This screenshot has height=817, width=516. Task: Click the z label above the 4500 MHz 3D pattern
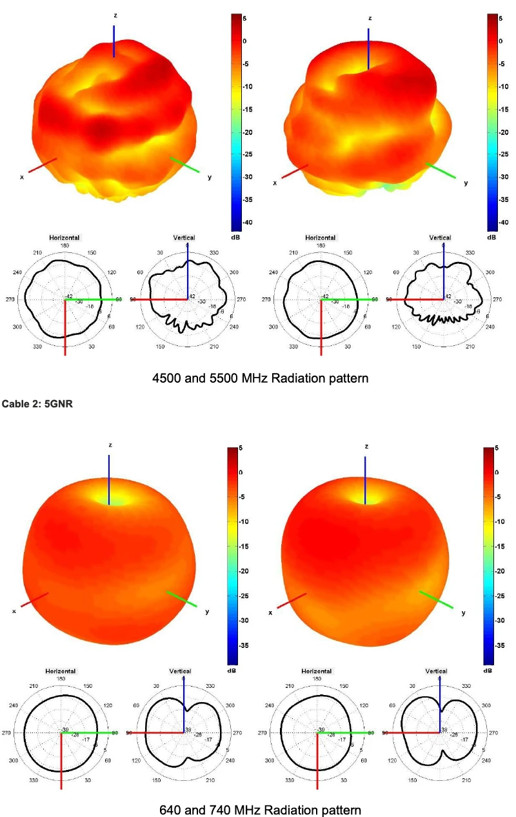click(x=114, y=15)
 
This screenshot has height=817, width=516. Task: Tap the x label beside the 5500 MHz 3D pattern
click(x=275, y=183)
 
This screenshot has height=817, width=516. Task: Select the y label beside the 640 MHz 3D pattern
click(x=206, y=611)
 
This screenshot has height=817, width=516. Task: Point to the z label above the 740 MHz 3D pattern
click(x=366, y=447)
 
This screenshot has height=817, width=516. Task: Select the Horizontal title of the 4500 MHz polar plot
click(x=64, y=237)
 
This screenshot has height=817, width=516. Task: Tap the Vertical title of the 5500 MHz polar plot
click(x=441, y=237)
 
